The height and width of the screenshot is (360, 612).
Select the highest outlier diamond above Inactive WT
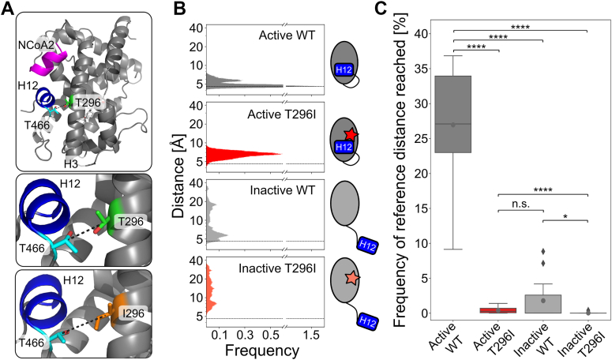(520, 252)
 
